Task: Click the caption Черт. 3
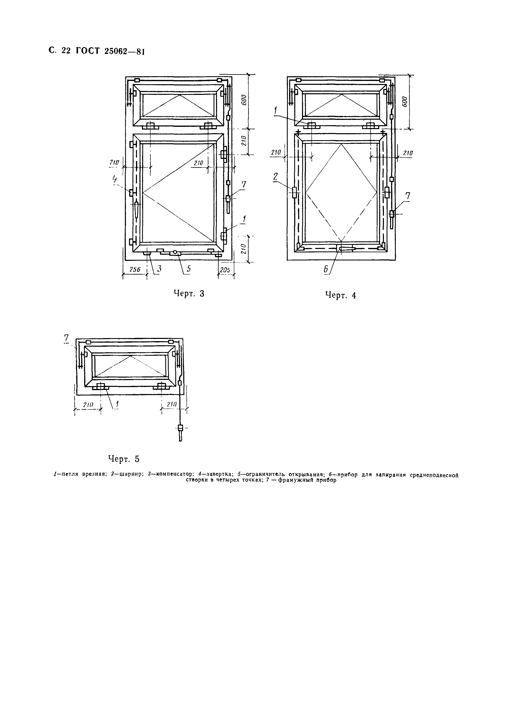point(189,293)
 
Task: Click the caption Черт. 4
point(341,295)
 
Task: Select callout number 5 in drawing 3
point(188,269)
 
